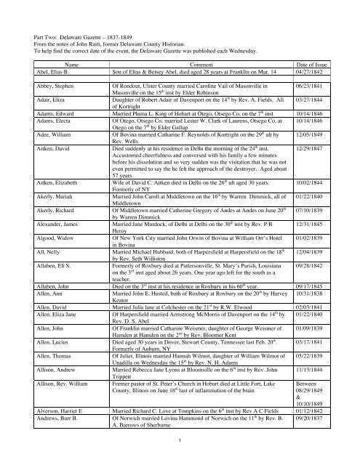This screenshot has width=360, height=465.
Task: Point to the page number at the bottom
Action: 180,458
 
